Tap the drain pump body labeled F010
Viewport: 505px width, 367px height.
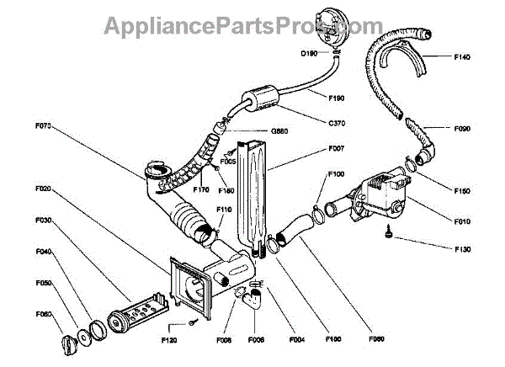click(377, 196)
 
